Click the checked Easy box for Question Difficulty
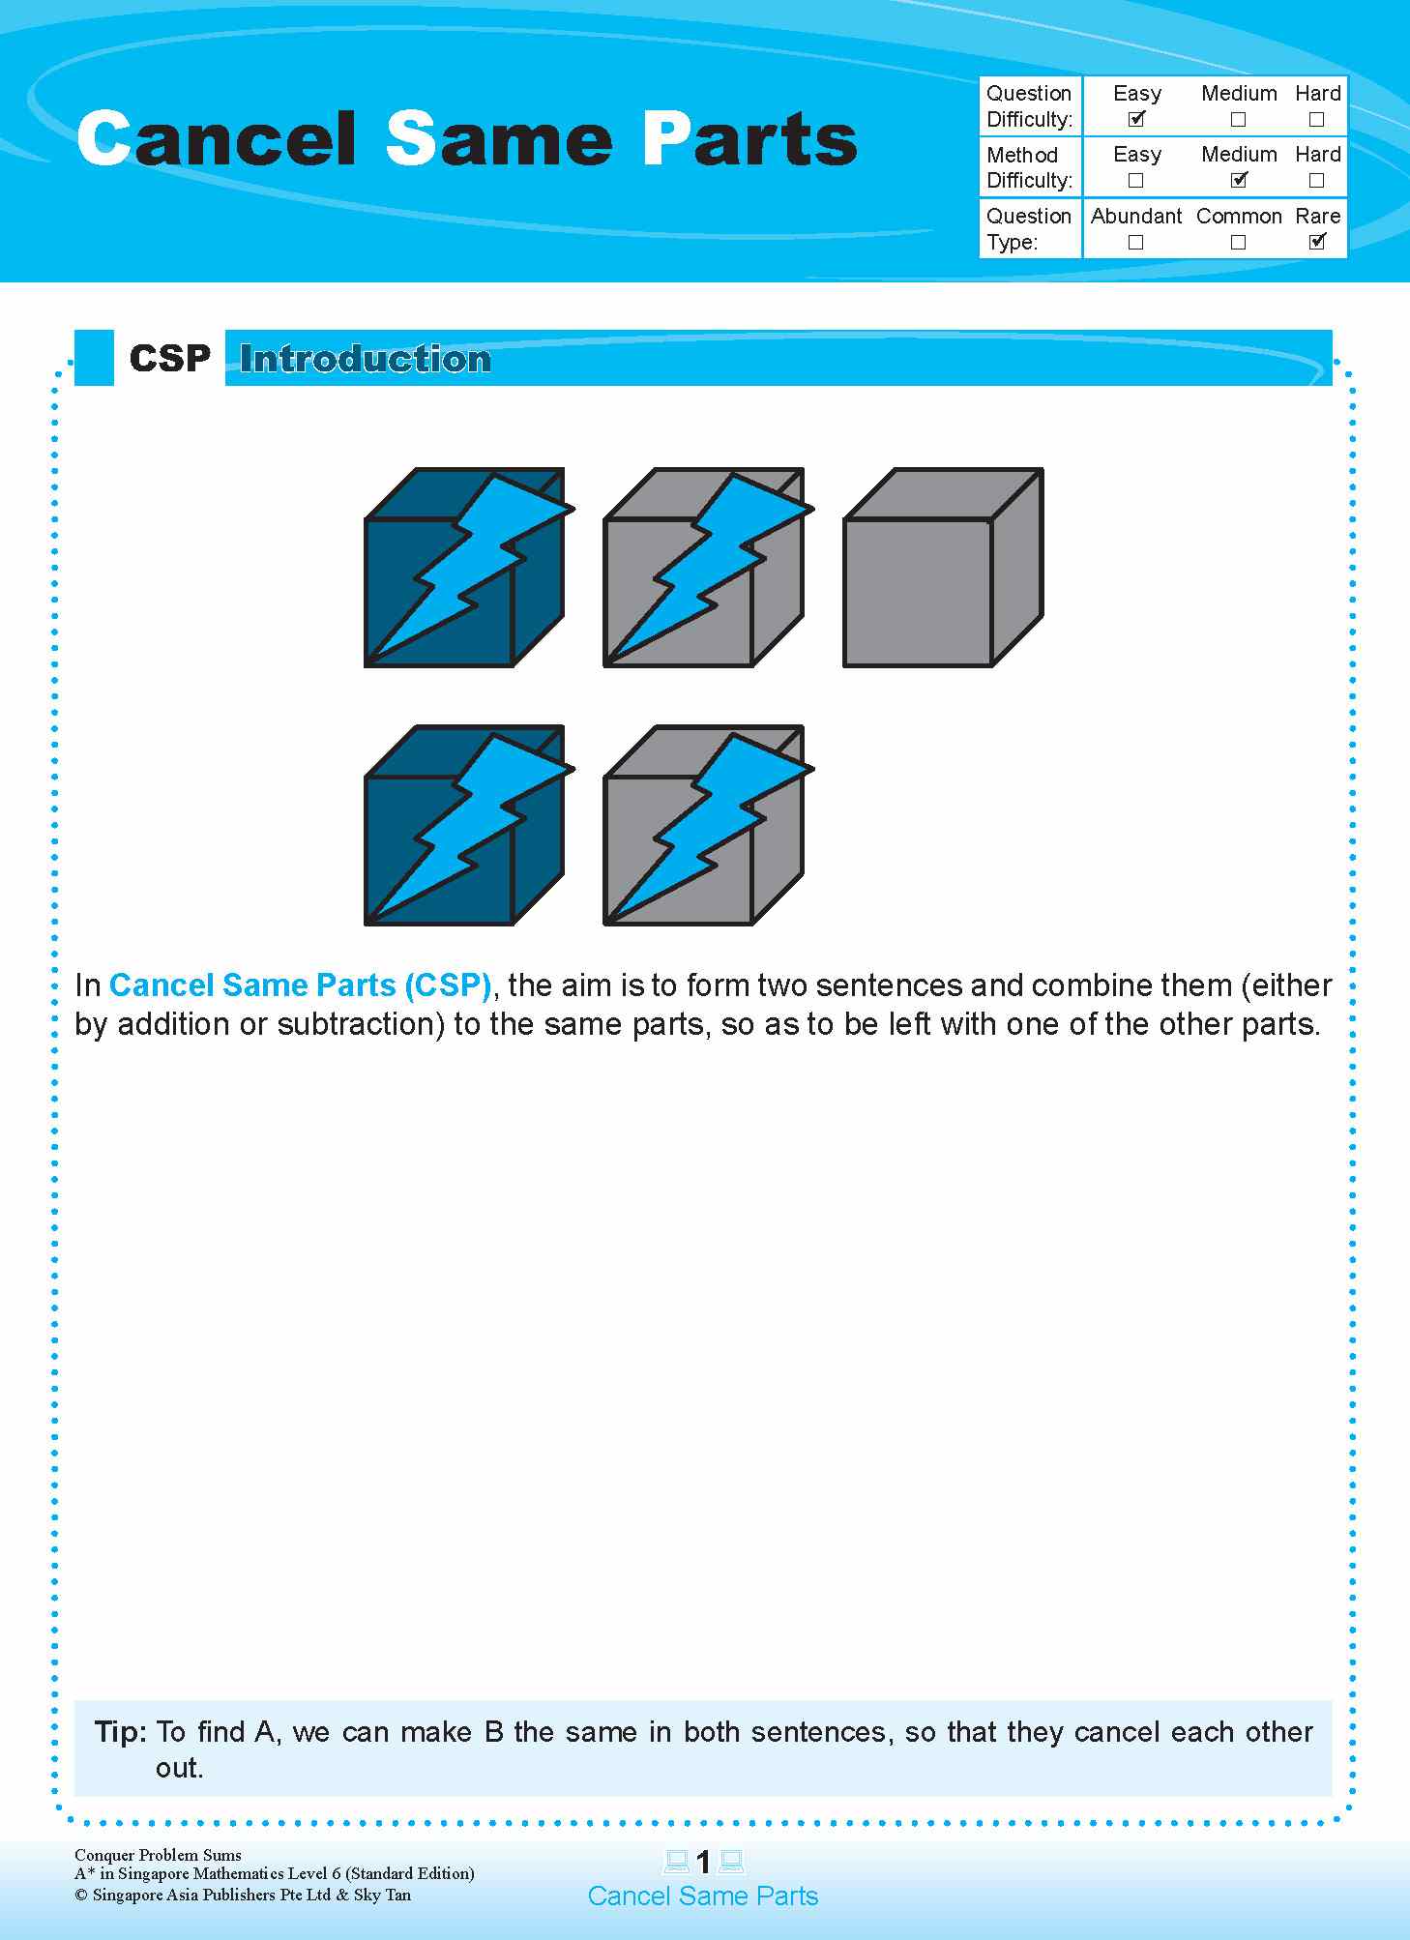1136,119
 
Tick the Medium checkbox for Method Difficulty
1239,180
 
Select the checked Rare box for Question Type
1317,242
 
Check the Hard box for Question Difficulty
1316,120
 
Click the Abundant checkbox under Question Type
1135,242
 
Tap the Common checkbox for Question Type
1238,242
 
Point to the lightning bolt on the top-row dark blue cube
474,561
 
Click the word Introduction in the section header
366,359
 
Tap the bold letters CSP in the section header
169,359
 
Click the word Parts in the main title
749,139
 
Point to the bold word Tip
120,1731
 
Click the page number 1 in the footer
703,1862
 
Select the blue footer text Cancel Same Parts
703,1896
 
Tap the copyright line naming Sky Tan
243,1895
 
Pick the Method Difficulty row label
1029,167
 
